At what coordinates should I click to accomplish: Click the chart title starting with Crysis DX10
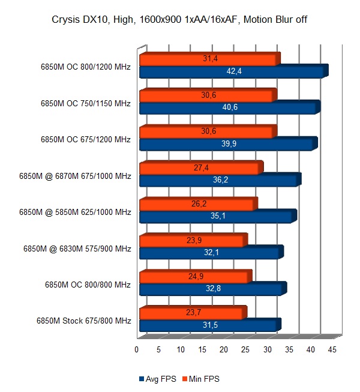pyautogui.click(x=180, y=22)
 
